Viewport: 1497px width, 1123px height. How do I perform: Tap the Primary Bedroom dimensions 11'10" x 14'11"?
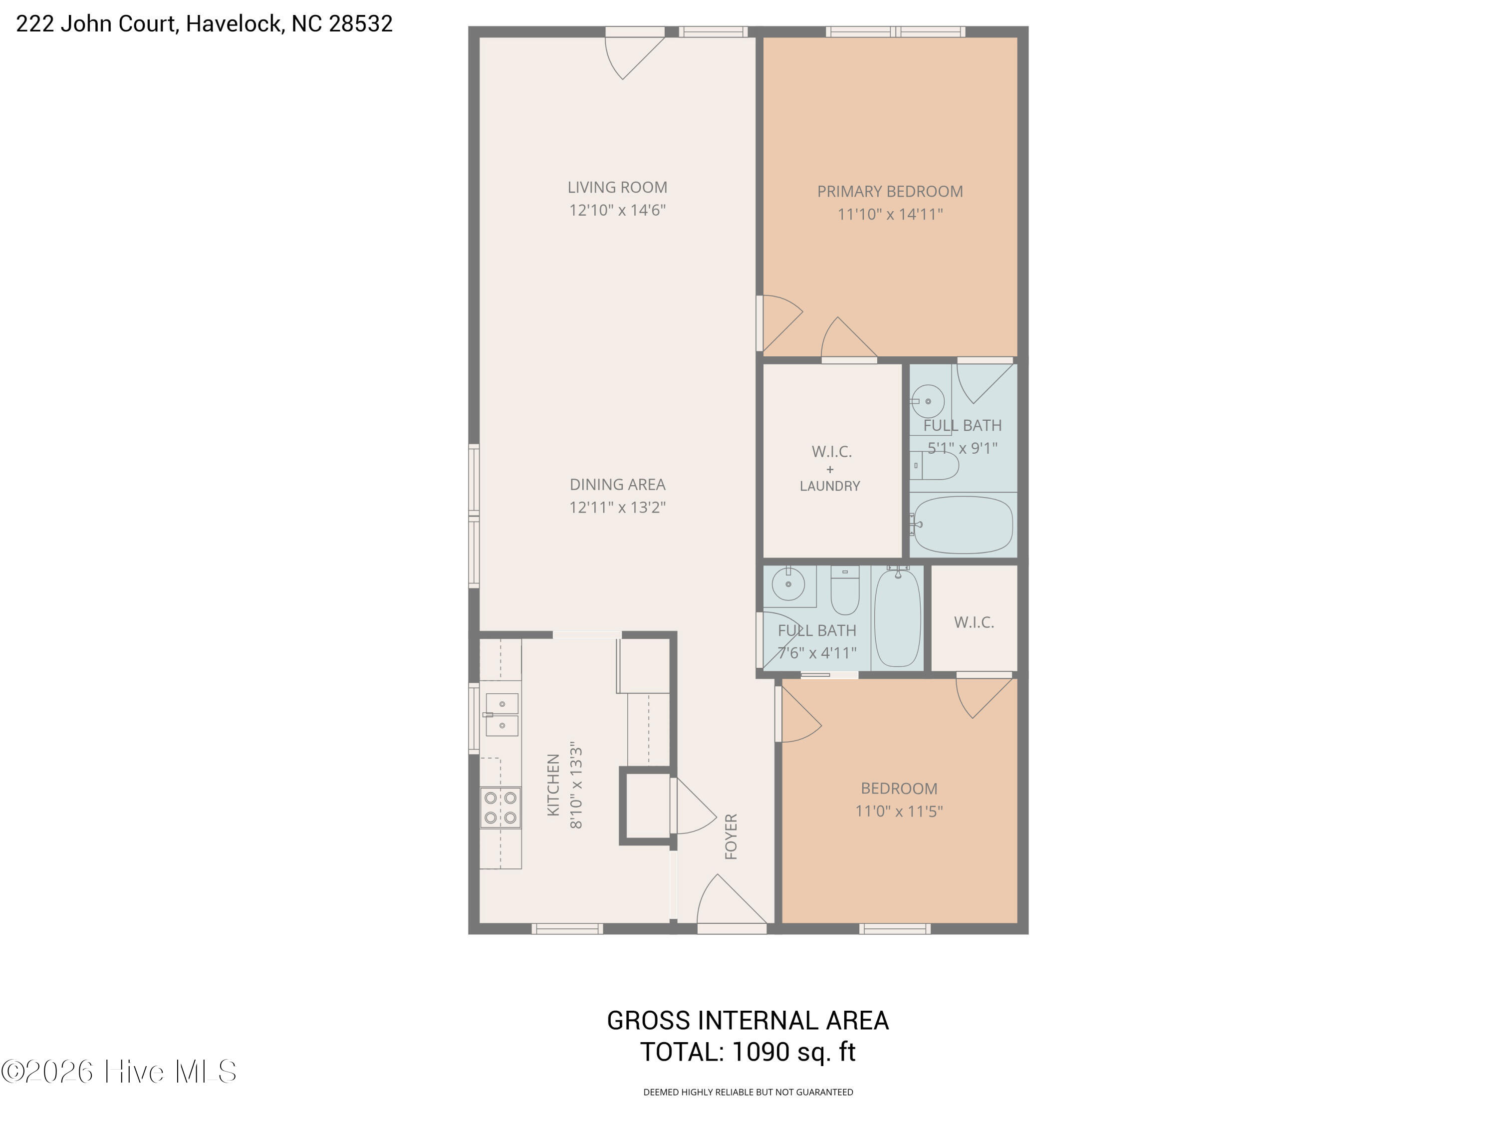tap(890, 215)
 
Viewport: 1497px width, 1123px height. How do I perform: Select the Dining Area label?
tap(617, 485)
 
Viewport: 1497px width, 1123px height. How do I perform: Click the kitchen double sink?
tap(501, 715)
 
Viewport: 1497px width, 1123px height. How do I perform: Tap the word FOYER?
tap(731, 837)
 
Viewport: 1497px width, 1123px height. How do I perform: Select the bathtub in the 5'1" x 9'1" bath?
tap(962, 525)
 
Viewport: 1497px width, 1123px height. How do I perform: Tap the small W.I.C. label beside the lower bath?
tap(974, 623)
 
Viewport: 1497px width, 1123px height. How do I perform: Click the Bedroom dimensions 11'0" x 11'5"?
tap(899, 811)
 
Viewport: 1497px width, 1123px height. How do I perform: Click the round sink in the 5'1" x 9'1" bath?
tap(928, 401)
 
